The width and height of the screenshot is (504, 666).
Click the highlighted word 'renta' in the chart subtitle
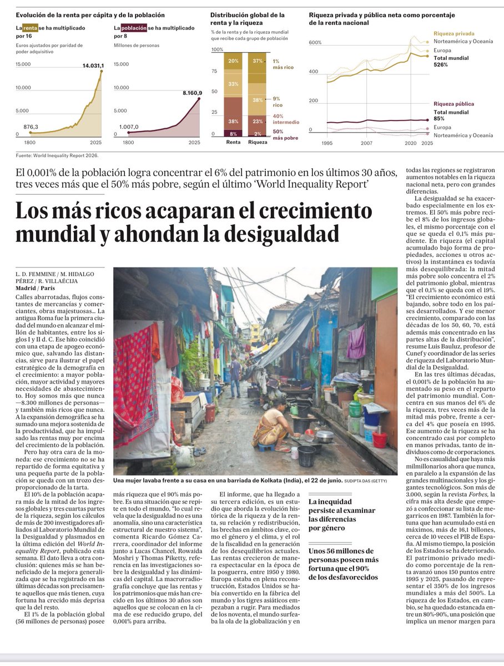[x=29, y=27]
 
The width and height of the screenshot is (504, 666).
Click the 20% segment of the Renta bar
[x=233, y=61]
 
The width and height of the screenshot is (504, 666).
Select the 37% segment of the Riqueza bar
[x=257, y=61]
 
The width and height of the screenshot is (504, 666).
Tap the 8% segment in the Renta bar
[x=233, y=133]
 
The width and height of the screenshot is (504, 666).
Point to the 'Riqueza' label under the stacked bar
[x=257, y=142]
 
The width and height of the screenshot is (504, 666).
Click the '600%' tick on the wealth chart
[x=315, y=43]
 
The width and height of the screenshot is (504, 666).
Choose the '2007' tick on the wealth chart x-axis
[x=366, y=143]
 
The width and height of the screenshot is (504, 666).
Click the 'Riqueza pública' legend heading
[x=453, y=104]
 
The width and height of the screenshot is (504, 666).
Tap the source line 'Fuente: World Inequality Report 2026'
[x=61, y=155]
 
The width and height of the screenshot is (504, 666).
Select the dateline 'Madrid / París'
[x=37, y=288]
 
